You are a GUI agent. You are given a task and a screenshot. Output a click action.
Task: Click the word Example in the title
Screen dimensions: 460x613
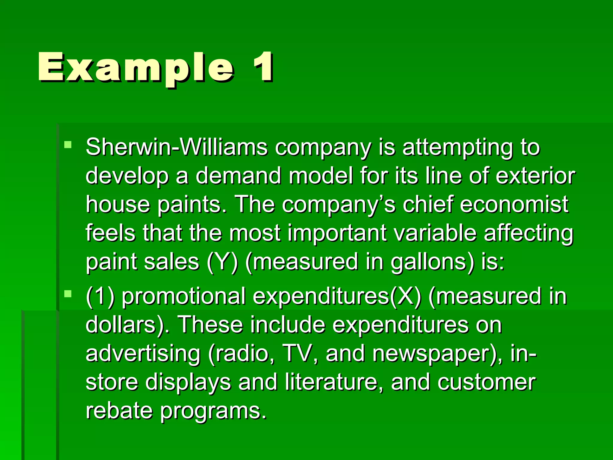pyautogui.click(x=136, y=68)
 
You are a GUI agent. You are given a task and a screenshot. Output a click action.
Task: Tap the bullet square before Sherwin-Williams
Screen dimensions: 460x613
pyautogui.click(x=68, y=145)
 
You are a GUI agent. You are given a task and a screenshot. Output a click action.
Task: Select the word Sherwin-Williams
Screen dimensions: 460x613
pyautogui.click(x=177, y=147)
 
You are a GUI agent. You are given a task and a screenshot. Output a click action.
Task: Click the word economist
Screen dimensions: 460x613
pyautogui.click(x=514, y=205)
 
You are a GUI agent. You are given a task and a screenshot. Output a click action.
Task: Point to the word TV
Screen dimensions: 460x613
pyautogui.click(x=301, y=354)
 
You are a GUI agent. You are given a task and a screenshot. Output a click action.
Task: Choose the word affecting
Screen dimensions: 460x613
pyautogui.click(x=528, y=234)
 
